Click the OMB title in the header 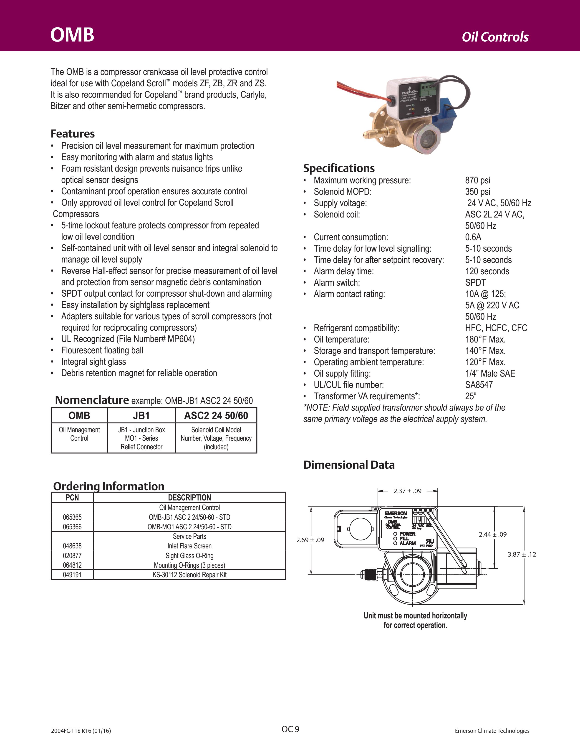coord(72,35)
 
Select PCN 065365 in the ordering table coord(72,517)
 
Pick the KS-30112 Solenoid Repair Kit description coord(189,575)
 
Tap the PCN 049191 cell coord(72,575)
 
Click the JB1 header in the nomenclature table coord(141,415)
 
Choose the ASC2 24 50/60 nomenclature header coord(216,415)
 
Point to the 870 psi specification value coord(478,180)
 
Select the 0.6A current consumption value coord(473,237)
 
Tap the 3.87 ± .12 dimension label coord(522,554)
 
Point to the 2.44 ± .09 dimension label coord(493,534)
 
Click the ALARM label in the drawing coord(408,543)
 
